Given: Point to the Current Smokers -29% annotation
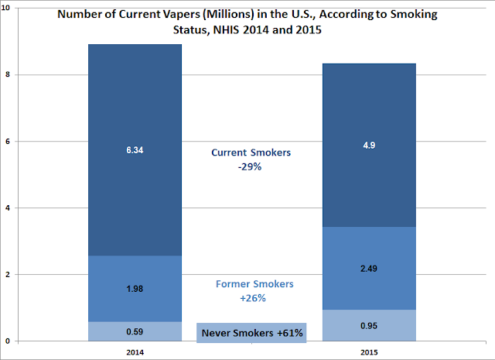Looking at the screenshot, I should point(251,159).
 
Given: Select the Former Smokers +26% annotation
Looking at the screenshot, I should point(251,290).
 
